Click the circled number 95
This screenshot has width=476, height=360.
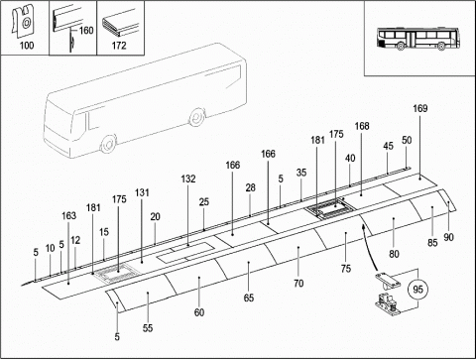pos(417,290)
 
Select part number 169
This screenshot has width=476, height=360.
pos(420,108)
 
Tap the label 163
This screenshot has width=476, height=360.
pos(68,215)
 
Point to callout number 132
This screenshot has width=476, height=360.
pos(188,179)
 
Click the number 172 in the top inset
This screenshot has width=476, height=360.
pos(119,46)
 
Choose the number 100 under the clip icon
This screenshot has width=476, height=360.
pos(27,46)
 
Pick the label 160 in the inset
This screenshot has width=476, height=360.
pos(86,31)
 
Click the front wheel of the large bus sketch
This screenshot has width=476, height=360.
pos(108,144)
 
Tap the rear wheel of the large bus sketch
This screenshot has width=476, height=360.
pos(196,116)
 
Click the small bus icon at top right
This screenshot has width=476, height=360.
pos(418,39)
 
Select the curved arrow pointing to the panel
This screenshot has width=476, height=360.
pos(370,246)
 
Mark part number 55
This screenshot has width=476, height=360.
pos(148,328)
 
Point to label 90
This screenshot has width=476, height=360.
pos(448,237)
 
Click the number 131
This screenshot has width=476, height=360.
pos(142,192)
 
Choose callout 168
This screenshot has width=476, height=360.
pos(362,126)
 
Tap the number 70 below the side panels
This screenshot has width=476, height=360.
pos(298,284)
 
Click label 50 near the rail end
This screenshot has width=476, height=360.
pos(407,140)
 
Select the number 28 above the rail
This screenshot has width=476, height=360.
pos(251,187)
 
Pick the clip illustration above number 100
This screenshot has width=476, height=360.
pos(22,21)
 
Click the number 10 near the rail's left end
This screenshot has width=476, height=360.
pos(50,248)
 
